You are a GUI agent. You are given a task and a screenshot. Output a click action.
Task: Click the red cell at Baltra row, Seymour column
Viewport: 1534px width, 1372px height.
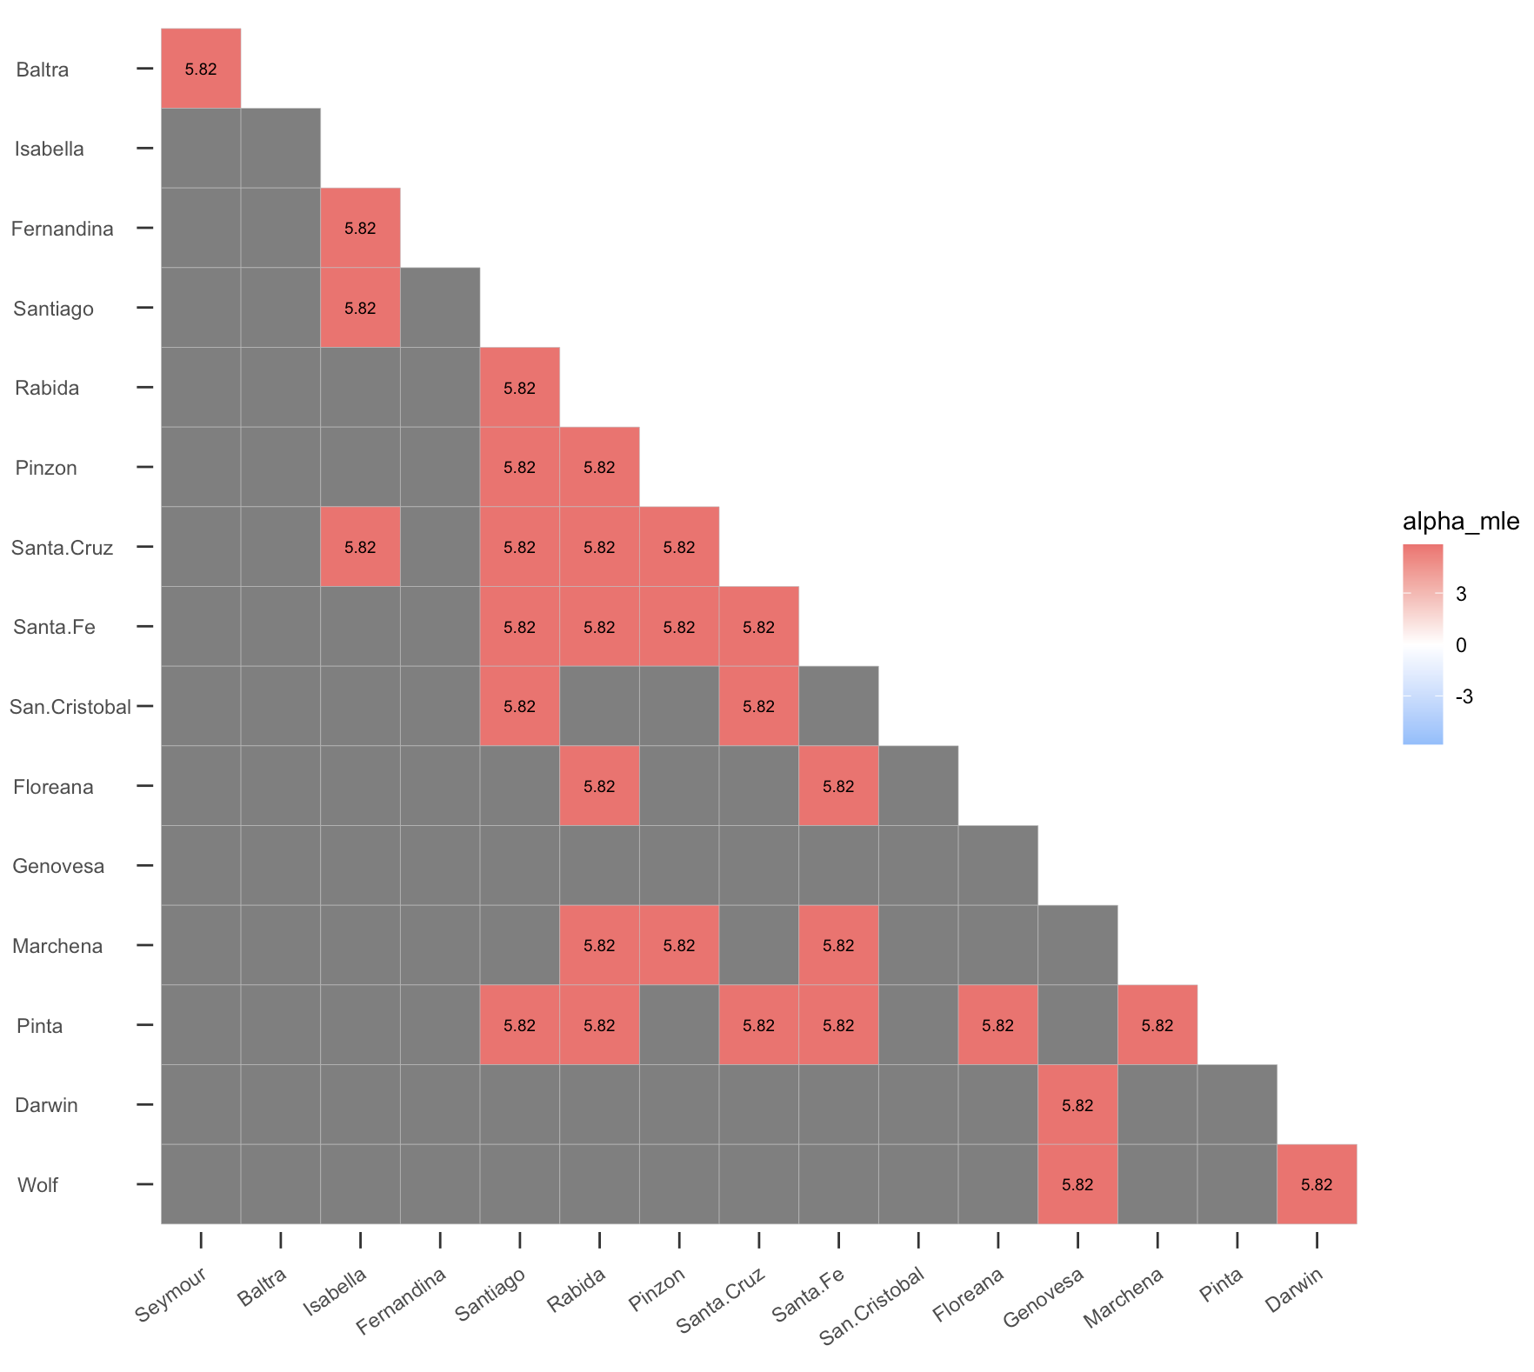[x=201, y=69]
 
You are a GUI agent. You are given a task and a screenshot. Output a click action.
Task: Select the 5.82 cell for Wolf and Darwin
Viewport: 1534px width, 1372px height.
[x=1317, y=1184]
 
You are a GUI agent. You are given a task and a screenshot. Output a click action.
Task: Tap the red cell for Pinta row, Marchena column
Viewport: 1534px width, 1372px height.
[x=1157, y=1025]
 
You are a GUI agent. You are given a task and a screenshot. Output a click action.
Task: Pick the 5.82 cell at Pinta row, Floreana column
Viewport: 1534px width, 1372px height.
[x=997, y=1025]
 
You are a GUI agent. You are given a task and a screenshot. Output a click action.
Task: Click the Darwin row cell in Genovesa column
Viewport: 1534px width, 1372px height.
[x=1077, y=1105]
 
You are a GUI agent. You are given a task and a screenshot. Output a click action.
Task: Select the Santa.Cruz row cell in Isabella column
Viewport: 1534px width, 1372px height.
[x=360, y=547]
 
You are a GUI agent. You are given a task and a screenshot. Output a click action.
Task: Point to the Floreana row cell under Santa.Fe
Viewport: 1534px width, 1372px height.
[x=838, y=786]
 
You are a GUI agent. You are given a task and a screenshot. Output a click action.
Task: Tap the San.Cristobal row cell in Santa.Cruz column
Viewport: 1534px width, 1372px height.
[x=758, y=706]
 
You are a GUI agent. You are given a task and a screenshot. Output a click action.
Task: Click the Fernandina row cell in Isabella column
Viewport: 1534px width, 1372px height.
[x=360, y=228]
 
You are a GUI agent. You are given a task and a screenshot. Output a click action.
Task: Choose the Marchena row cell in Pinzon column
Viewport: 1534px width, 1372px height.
[x=679, y=945]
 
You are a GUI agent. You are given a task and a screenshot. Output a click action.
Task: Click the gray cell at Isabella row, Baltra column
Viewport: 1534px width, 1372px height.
[x=280, y=149]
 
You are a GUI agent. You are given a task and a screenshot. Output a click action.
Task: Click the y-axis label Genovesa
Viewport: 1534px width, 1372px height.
[x=58, y=866]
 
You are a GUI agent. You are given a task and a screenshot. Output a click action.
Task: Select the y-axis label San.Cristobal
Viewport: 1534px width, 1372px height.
[x=70, y=707]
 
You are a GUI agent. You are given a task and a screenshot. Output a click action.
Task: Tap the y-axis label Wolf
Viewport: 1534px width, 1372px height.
[x=37, y=1185]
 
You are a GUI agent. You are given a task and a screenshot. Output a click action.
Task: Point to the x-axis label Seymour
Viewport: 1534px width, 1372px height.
[x=171, y=1295]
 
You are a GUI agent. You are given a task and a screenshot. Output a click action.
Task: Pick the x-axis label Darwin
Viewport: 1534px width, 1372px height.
[x=1294, y=1290]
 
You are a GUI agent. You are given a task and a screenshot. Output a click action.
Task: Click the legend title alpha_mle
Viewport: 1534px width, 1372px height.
[x=1460, y=522]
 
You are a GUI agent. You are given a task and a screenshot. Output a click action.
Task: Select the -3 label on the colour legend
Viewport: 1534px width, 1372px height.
[x=1464, y=696]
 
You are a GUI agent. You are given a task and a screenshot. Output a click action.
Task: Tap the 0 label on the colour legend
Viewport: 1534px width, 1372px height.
[x=1461, y=645]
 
